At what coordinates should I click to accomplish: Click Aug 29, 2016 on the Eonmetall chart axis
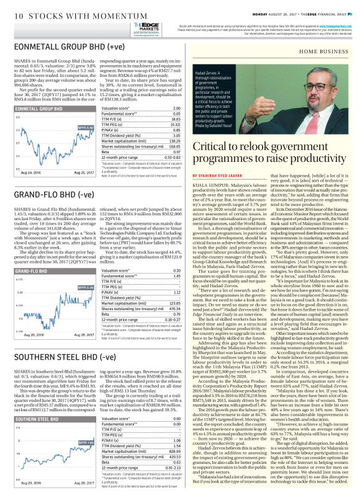click(x=30, y=171)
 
